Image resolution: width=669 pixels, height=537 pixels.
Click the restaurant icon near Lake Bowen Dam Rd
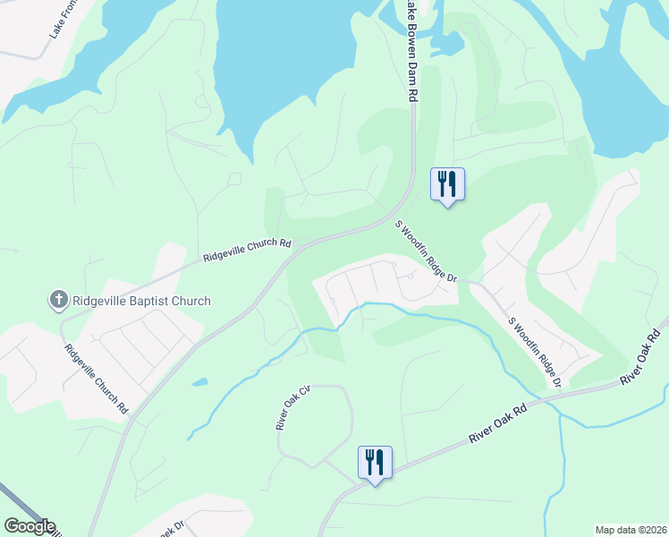446,183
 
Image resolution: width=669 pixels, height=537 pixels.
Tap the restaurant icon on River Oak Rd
374,462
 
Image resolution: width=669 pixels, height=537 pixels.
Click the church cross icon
58,301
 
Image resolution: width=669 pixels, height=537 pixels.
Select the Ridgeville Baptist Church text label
140,301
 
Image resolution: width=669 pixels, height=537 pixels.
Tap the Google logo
30,526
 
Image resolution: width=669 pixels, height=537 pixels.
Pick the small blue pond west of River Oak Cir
199,382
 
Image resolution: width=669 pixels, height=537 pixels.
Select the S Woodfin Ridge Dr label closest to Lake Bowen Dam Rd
426,252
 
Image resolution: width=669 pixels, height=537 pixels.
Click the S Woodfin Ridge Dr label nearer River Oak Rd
534,352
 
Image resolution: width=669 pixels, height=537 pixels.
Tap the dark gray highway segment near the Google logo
13,501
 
